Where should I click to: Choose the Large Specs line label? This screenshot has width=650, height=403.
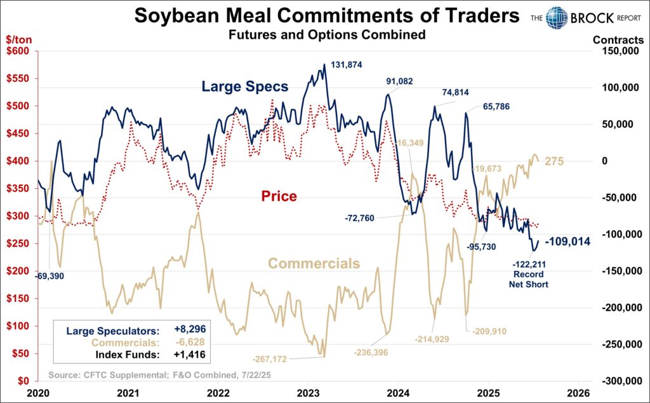(244, 86)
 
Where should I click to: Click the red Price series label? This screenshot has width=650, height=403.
(279, 196)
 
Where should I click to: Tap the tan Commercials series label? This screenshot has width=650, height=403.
(314, 263)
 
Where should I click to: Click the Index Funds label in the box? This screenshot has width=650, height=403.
(131, 355)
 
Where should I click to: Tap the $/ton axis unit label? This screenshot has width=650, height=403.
(15, 39)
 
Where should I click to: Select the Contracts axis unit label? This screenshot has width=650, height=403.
(618, 39)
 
